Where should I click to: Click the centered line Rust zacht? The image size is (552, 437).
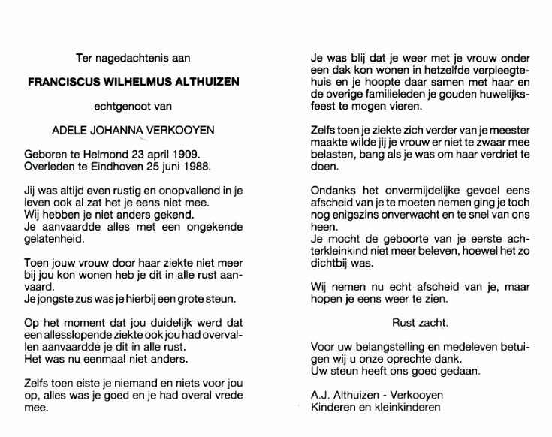(421, 324)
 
